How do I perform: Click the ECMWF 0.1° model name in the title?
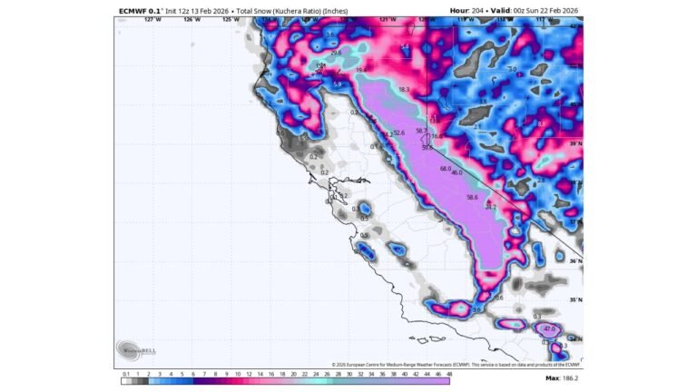[x=140, y=11]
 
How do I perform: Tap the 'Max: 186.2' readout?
[x=563, y=377]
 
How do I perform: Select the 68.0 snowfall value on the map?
[x=445, y=169]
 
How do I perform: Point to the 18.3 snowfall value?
[x=404, y=90]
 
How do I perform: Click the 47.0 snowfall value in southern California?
[x=549, y=328]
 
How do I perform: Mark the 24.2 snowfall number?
[x=491, y=208]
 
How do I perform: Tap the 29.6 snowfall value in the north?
[x=336, y=54]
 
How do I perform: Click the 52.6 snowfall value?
[x=398, y=133]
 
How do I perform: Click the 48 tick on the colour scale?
[x=447, y=372]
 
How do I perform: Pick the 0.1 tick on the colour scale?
[x=125, y=372]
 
